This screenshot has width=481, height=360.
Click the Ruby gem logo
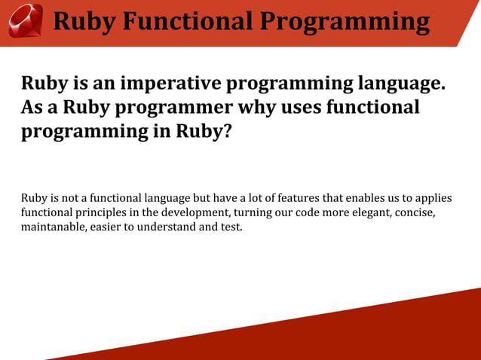(x=25, y=20)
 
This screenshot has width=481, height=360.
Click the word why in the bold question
(x=260, y=108)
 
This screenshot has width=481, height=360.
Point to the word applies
(x=431, y=198)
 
